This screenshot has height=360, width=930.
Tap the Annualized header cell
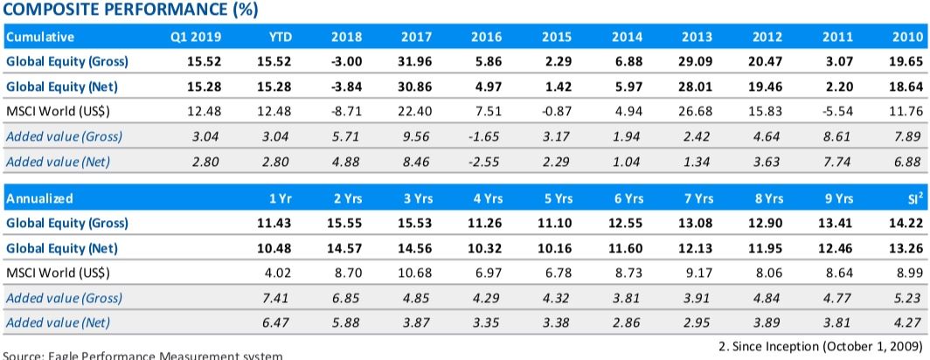click(38, 198)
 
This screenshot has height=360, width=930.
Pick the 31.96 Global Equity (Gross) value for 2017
click(415, 62)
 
